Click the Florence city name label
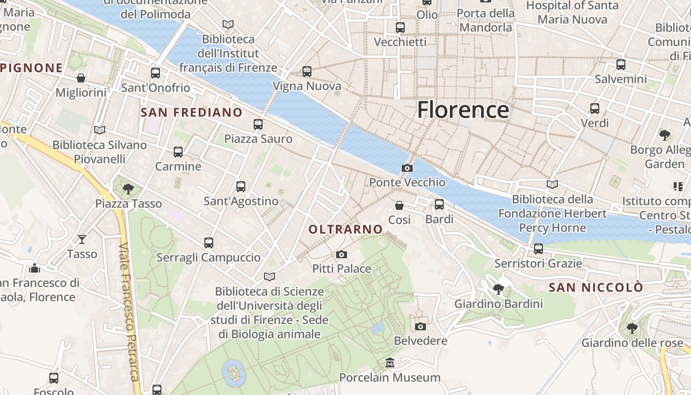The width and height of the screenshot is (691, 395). [x=463, y=110]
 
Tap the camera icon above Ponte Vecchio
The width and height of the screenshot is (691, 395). [x=407, y=168]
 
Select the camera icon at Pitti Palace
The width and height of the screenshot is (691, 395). [x=341, y=255]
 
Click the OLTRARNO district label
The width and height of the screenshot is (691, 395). [x=345, y=229]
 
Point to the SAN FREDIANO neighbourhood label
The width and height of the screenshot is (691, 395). [x=192, y=113]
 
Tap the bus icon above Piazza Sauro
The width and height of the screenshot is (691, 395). [x=258, y=124]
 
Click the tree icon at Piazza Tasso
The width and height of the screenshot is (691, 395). [x=128, y=189]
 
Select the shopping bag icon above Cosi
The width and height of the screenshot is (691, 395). [x=399, y=205]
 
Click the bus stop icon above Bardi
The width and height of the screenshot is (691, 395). [x=439, y=204]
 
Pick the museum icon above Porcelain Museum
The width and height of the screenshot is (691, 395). [x=390, y=363]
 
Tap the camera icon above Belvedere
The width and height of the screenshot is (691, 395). [x=421, y=326]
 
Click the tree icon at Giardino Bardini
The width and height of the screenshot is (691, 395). [x=499, y=289]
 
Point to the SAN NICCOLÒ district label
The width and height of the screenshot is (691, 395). [x=596, y=287]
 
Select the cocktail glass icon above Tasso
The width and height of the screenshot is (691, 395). [x=82, y=239]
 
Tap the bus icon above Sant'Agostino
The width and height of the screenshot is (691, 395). [x=241, y=187]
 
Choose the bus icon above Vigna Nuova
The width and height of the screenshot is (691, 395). [x=307, y=72]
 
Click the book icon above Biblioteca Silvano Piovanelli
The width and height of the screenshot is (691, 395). [x=100, y=130]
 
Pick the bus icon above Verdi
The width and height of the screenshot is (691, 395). [x=595, y=108]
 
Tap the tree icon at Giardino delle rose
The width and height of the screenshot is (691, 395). [x=632, y=328]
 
